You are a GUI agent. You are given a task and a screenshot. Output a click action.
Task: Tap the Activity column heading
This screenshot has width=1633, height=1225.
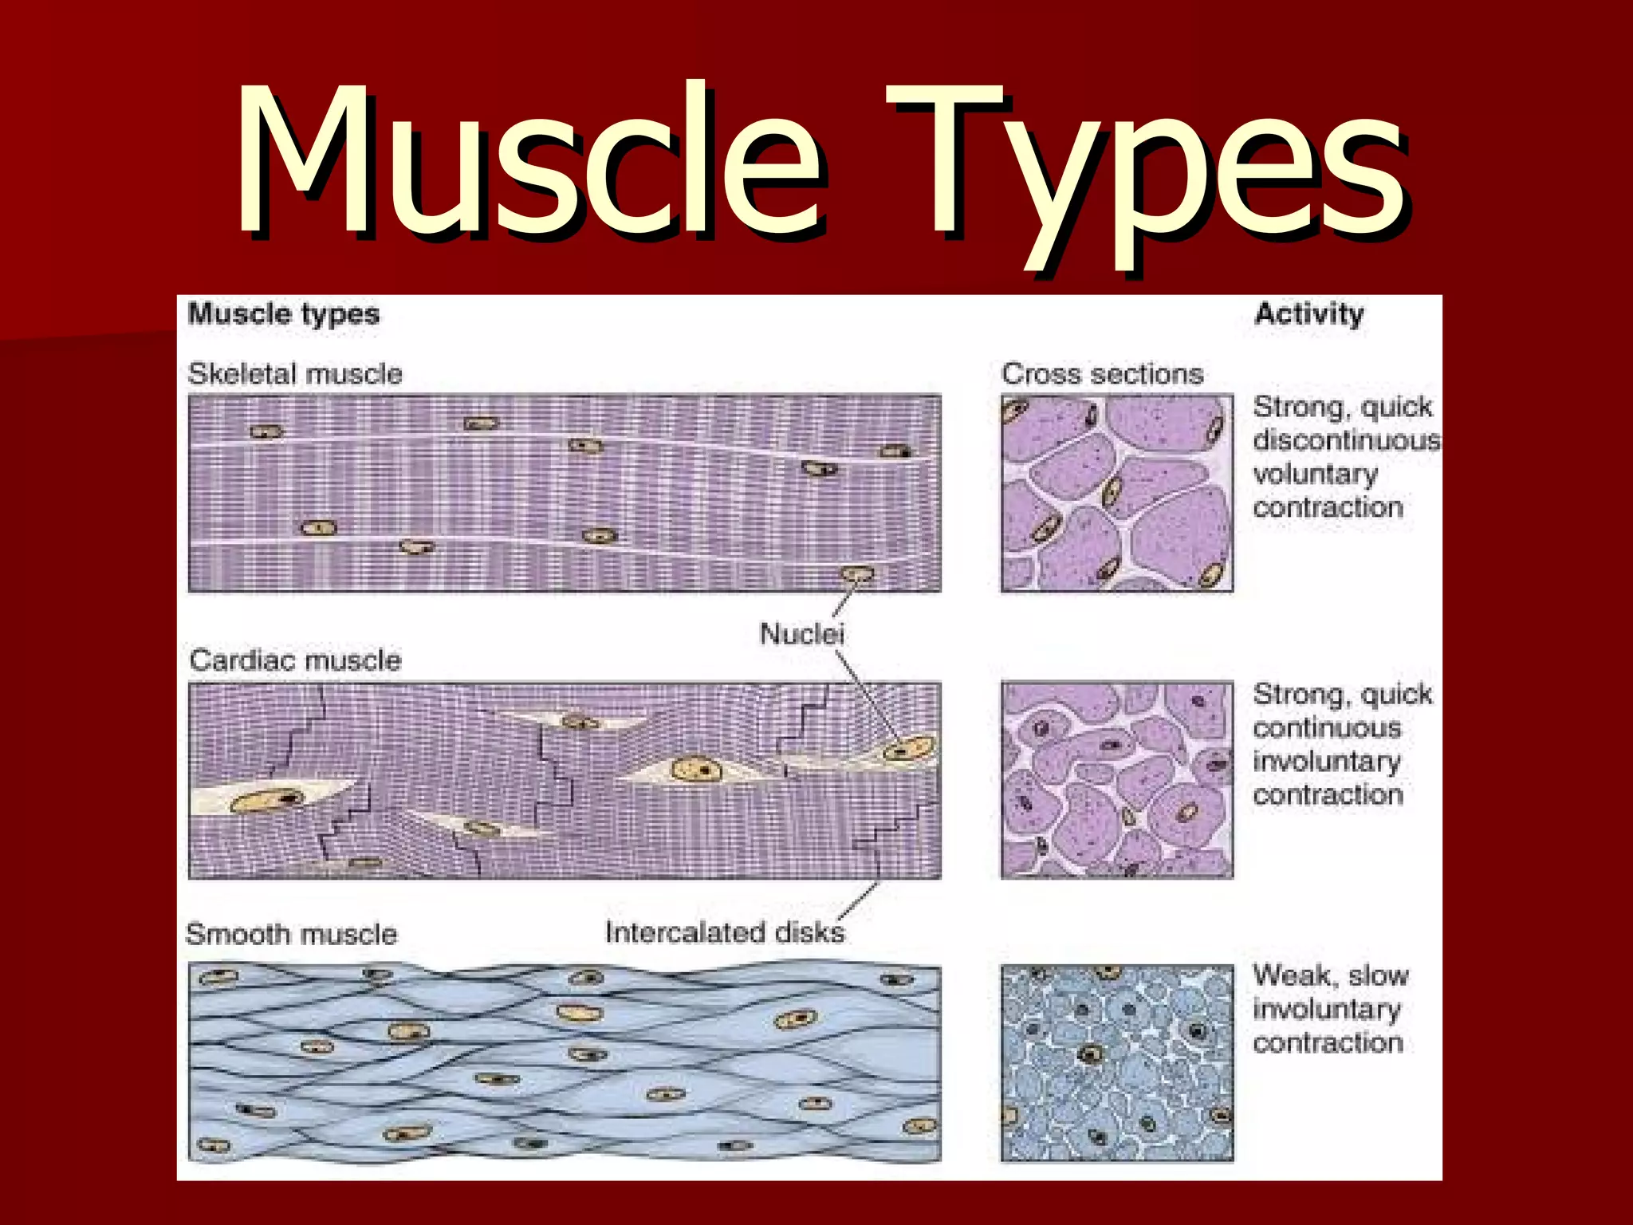click(x=1308, y=313)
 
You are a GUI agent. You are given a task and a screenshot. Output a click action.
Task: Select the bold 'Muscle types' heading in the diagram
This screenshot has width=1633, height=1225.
click(x=283, y=313)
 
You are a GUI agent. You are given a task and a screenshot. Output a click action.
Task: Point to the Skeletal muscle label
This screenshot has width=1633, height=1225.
click(x=295, y=373)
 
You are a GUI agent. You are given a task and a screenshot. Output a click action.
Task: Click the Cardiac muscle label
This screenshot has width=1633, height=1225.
click(x=295, y=660)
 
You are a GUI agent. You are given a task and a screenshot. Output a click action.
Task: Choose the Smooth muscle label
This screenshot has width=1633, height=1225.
click(x=291, y=934)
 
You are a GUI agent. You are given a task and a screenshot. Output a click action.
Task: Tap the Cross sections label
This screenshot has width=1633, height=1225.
click(x=1102, y=373)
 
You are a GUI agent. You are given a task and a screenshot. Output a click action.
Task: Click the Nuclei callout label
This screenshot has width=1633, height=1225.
click(x=801, y=634)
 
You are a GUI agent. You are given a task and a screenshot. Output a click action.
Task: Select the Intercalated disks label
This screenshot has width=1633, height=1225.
click(x=724, y=932)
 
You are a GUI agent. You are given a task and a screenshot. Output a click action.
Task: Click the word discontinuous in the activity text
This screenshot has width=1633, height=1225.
click(x=1346, y=440)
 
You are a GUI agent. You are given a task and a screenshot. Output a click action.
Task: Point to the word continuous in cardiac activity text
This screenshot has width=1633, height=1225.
click(x=1327, y=727)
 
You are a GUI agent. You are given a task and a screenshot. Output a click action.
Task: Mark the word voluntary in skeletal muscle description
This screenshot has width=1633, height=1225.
click(x=1315, y=475)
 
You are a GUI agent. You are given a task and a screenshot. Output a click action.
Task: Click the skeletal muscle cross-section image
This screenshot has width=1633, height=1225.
click(x=1116, y=493)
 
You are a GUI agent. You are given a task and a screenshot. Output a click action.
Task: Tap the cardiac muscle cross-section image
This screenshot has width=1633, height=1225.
click(x=1116, y=780)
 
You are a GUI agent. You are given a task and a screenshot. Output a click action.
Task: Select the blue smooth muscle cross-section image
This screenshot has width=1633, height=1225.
click(x=1116, y=1063)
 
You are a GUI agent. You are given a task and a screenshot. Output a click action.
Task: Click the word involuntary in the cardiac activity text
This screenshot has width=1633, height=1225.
click(x=1326, y=762)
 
